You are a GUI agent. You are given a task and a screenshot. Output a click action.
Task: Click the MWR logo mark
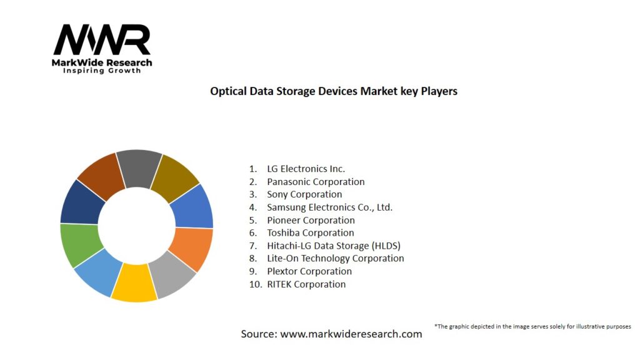coord(102,41)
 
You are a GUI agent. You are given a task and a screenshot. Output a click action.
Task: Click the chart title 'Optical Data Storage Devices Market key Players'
coord(334,91)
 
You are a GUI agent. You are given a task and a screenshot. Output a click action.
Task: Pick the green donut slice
coord(79,244)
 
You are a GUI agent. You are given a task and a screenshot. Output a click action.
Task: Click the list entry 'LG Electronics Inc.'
coord(306,169)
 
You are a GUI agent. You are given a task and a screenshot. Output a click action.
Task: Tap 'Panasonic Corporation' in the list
coord(316,182)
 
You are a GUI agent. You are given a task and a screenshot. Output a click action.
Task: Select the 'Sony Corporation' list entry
coord(304,194)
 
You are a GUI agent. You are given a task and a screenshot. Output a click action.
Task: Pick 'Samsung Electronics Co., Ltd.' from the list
coord(329,207)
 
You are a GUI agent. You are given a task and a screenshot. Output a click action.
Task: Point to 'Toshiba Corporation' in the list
coord(310,233)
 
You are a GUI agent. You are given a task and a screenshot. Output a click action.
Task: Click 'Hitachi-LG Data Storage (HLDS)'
coord(333,246)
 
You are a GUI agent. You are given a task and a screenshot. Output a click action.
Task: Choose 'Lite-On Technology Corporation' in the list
coord(335,259)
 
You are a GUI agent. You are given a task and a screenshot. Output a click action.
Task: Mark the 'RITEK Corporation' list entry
coord(306,284)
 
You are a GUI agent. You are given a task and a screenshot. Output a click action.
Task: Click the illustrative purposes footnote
coord(532,326)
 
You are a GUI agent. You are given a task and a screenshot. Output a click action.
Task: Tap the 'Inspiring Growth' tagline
coord(102,71)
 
